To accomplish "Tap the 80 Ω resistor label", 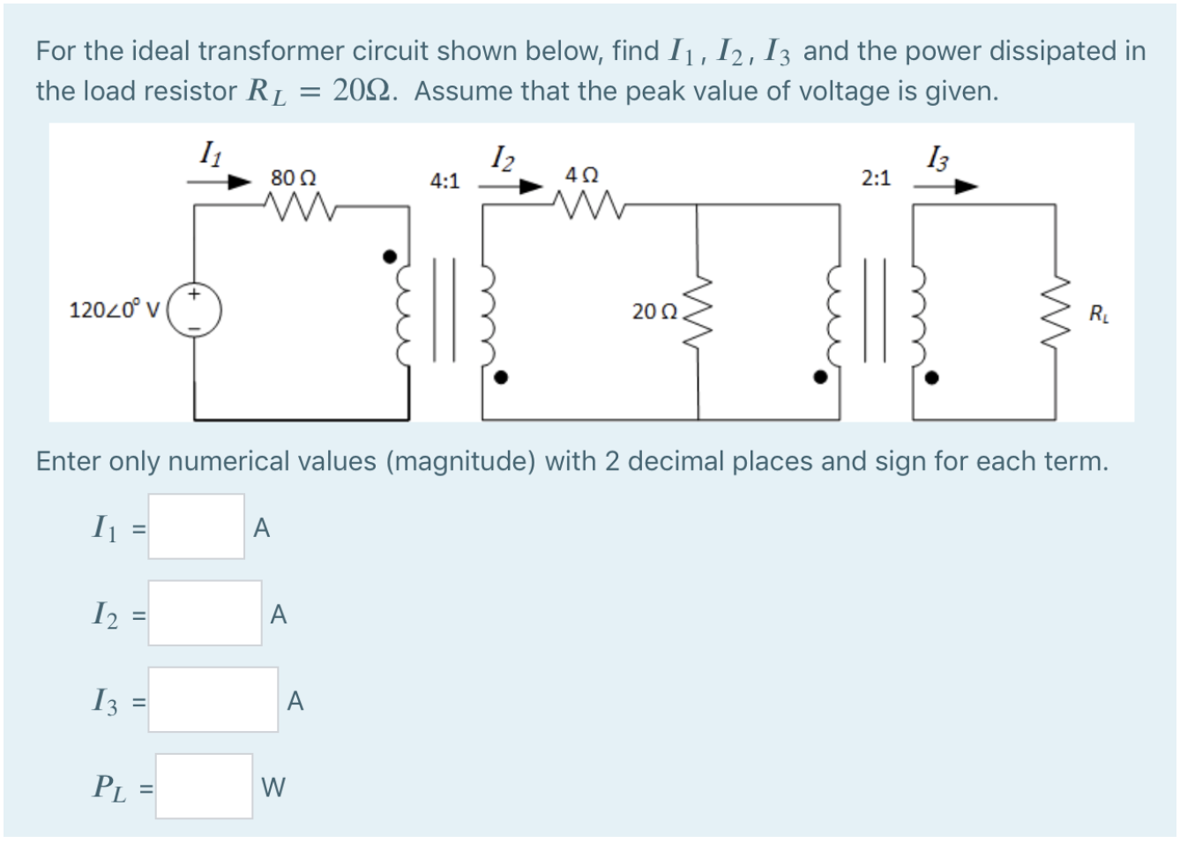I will [x=294, y=177].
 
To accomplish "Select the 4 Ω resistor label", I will [x=582, y=175].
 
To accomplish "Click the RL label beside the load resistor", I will [x=1099, y=312].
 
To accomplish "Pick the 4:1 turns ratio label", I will [x=444, y=182].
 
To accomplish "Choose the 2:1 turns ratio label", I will [x=876, y=179].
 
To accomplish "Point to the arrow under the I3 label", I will [x=946, y=186].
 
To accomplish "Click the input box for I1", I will [x=196, y=526].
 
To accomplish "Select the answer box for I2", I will [x=205, y=613].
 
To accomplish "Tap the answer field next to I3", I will [x=213, y=699].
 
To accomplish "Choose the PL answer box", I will [x=204, y=786].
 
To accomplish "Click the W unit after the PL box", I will [x=273, y=787].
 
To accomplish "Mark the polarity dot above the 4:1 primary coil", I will [x=389, y=257].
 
